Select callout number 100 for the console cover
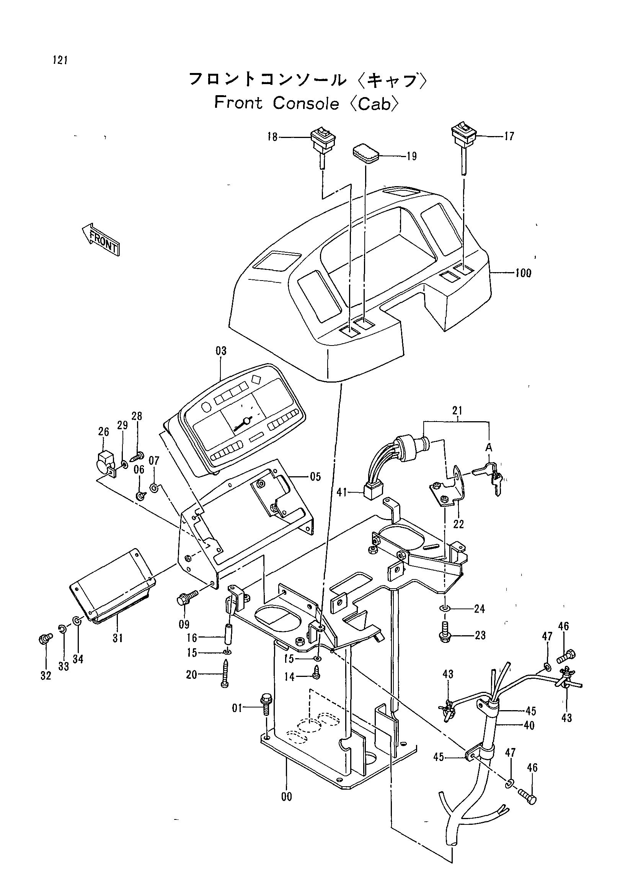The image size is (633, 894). (x=523, y=273)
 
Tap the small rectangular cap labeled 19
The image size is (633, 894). (x=366, y=153)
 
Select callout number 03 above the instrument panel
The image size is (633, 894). (x=221, y=351)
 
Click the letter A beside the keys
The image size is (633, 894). (x=489, y=448)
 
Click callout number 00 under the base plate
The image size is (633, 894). (x=287, y=797)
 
